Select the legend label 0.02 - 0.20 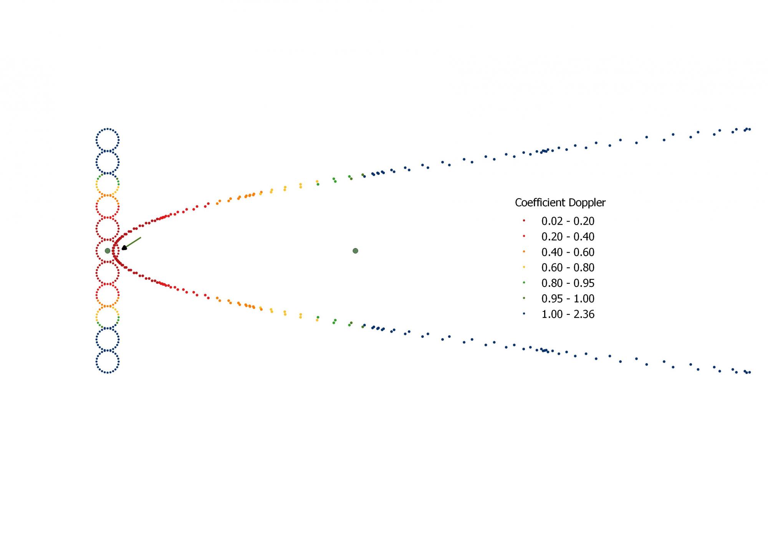(x=568, y=221)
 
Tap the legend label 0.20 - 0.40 (x=568, y=237)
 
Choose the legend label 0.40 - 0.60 (x=568, y=252)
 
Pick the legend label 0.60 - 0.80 (x=568, y=268)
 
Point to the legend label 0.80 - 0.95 (x=568, y=283)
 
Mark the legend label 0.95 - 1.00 (x=568, y=299)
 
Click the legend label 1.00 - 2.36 (x=568, y=314)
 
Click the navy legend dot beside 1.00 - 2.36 (x=524, y=314)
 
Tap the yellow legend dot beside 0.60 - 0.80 (x=524, y=267)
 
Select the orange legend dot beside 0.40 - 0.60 (x=524, y=252)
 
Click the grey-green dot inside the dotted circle (x=108, y=251)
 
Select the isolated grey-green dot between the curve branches (x=355, y=251)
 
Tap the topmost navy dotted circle (x=108, y=140)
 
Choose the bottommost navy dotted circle (x=108, y=362)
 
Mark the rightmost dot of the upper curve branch (x=750, y=129)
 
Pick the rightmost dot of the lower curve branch (x=750, y=372)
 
